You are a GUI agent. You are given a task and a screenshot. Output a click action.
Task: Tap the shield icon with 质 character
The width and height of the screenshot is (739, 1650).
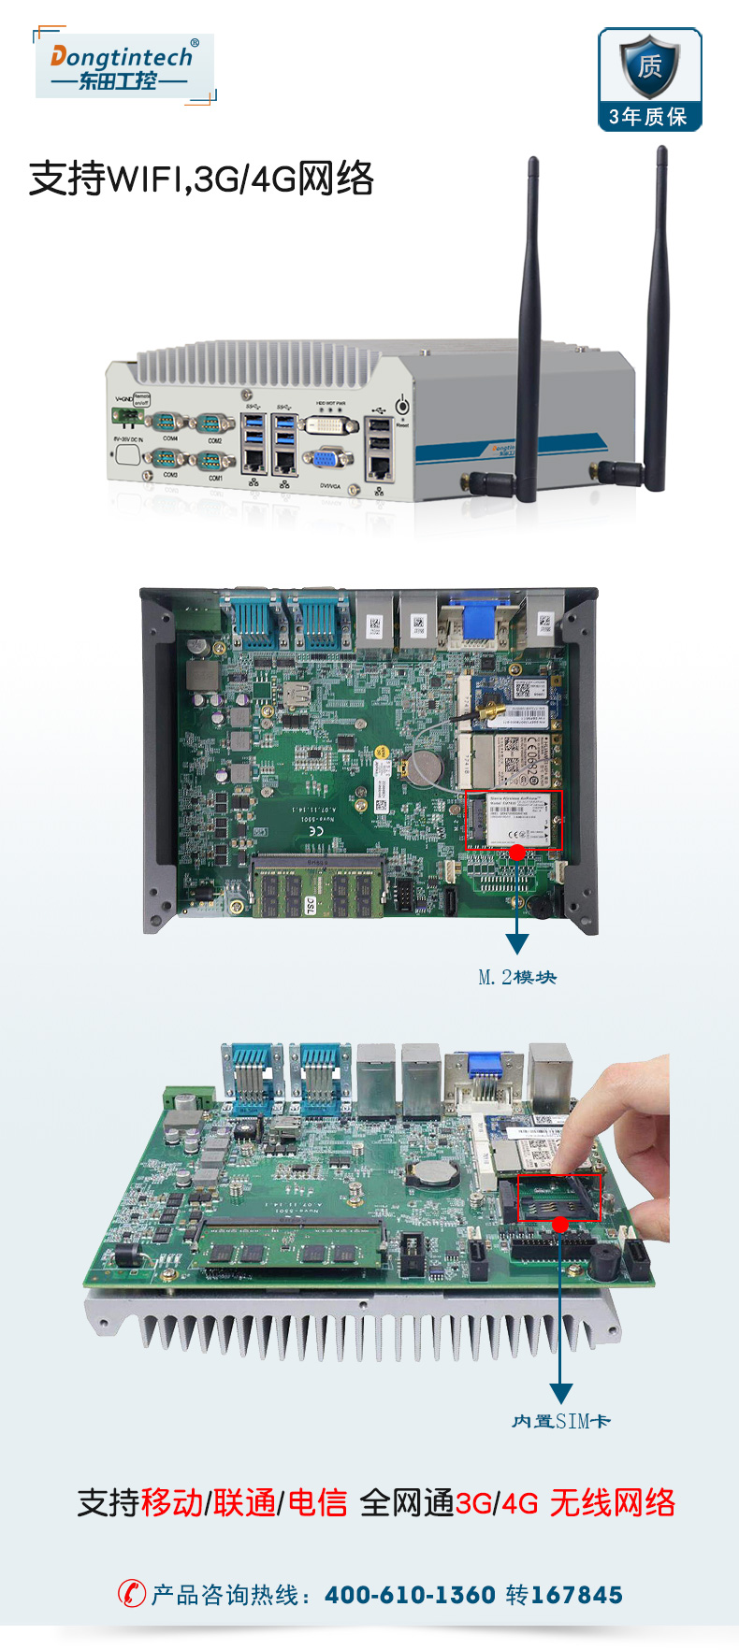point(649,66)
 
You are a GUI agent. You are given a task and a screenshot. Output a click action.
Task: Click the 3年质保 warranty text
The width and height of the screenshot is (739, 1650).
point(648,117)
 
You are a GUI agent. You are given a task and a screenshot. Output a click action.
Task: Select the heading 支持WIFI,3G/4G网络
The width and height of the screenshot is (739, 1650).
point(201,179)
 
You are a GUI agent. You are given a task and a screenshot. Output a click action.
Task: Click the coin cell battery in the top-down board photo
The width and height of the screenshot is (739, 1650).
point(424,767)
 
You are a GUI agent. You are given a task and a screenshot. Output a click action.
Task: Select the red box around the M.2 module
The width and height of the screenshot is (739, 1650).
point(514,820)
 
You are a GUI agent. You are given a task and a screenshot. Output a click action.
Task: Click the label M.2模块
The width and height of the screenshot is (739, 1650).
point(517,978)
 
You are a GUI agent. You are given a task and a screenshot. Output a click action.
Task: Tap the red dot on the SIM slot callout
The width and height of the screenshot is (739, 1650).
point(560,1225)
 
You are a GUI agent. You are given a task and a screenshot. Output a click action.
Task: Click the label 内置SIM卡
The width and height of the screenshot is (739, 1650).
point(560,1421)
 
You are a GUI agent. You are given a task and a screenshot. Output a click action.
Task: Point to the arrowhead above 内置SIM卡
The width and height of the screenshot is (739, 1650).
point(560,1393)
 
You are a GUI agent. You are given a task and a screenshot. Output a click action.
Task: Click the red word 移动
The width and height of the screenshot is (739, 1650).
point(173,1502)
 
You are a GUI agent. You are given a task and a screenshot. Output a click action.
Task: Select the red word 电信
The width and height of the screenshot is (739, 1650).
point(317,1502)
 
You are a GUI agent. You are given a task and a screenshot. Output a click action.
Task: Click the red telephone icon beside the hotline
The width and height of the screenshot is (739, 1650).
point(131,1593)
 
